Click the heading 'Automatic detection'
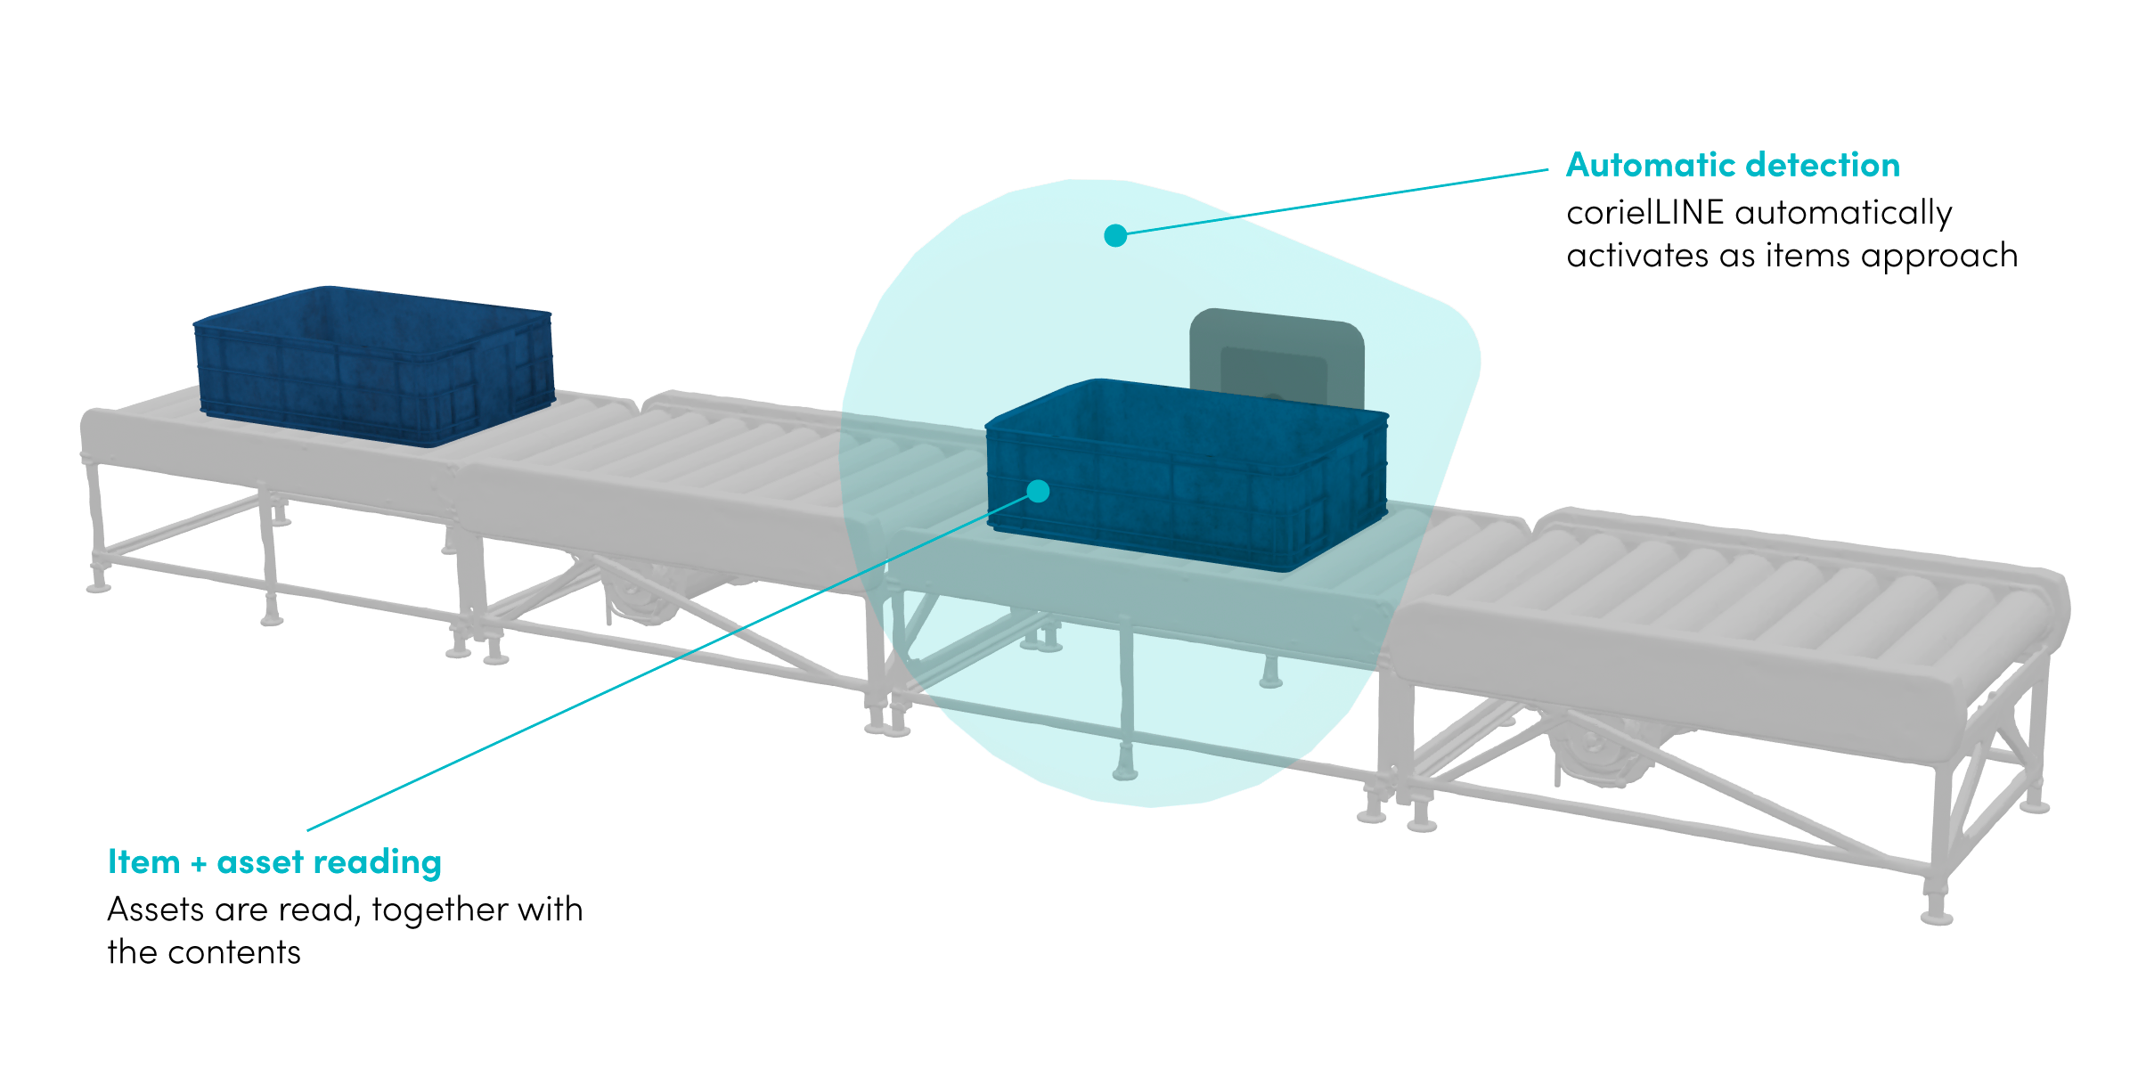click(1733, 166)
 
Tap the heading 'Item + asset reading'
click(274, 862)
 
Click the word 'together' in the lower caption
click(439, 910)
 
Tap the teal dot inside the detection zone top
click(1115, 235)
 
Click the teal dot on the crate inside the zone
click(1038, 491)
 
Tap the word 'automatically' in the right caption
click(1843, 213)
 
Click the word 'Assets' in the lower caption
click(156, 910)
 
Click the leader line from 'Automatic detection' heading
click(1336, 201)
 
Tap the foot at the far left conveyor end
click(98, 586)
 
